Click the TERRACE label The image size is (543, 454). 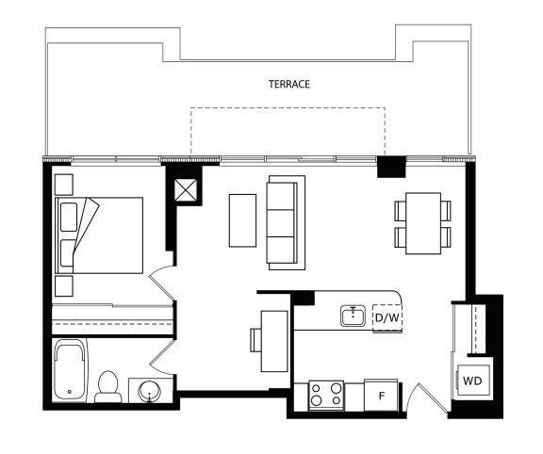(289, 85)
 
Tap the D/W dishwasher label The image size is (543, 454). (387, 317)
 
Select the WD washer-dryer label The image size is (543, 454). (472, 381)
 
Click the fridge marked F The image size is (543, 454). (381, 396)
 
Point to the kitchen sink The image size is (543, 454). (353, 316)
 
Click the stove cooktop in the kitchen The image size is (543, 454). (326, 396)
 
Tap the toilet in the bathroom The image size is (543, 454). (108, 387)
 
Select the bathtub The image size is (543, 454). (71, 370)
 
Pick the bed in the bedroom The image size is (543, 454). (99, 235)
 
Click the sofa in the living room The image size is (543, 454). (286, 222)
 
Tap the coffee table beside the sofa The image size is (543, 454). (243, 220)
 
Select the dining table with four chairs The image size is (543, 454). (423, 223)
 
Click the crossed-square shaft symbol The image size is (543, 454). (186, 190)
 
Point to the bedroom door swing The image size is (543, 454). (161, 283)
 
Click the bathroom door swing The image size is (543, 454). (161, 357)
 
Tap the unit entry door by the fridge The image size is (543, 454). (427, 397)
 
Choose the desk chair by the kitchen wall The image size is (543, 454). (255, 340)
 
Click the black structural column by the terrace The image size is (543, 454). (391, 167)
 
